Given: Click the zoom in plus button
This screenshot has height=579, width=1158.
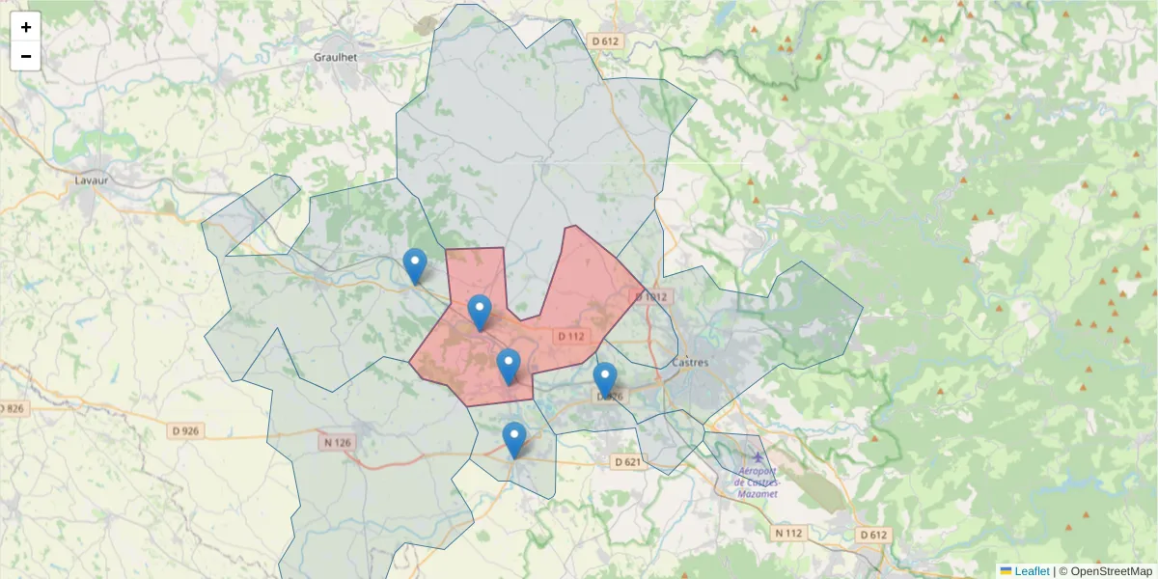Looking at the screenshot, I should click(26, 27).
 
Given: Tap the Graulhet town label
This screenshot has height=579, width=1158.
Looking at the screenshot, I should click(336, 57).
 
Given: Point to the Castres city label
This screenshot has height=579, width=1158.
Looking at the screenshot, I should click(689, 363).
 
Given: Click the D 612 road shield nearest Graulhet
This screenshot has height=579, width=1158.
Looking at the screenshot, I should click(605, 41).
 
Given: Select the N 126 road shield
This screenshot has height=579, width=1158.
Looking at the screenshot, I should click(337, 443).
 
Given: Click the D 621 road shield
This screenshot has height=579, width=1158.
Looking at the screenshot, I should click(627, 462).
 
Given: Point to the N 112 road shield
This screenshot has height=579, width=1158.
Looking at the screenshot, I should click(788, 533).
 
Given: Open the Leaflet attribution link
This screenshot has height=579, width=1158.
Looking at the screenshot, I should click(1031, 571).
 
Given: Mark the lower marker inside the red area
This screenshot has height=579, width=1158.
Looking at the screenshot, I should click(509, 366).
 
